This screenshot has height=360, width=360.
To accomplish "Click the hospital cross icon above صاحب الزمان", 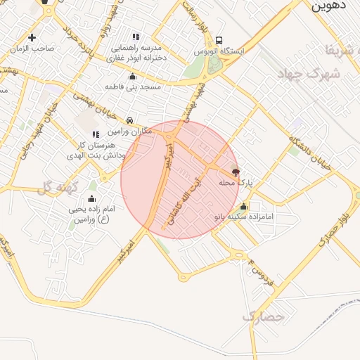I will (32, 37).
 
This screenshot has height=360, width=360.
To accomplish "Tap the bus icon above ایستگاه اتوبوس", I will (220, 40).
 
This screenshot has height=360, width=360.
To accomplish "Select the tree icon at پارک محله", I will (236, 172).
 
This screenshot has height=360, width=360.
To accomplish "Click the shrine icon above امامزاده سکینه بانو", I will (243, 206).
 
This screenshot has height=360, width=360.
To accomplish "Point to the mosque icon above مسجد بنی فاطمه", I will (132, 76).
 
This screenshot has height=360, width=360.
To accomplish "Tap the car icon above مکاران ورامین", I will (131, 120).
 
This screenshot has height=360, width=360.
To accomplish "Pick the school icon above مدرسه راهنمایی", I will (136, 37).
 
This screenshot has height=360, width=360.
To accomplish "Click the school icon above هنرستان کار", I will (96, 134).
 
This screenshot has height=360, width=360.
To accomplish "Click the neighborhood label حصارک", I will (263, 317).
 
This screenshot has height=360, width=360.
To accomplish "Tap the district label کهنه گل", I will (56, 187).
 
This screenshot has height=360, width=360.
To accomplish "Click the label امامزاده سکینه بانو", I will (243, 218).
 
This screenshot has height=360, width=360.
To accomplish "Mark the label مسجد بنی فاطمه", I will (133, 86).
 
